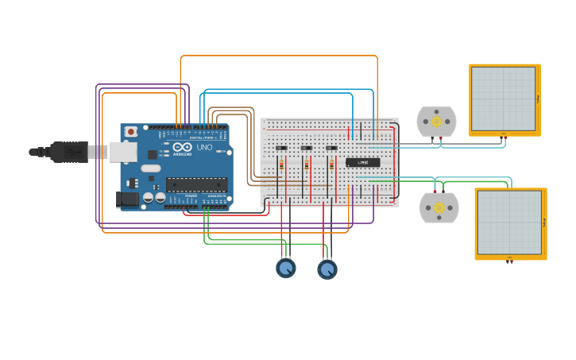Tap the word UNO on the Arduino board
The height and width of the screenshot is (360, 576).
pos(204,147)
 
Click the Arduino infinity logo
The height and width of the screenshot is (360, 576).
pos(182,147)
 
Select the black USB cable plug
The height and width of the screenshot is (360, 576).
pos(68,151)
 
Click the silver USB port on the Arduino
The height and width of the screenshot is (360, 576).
pos(122,151)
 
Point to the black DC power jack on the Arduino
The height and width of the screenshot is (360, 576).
pos(127,199)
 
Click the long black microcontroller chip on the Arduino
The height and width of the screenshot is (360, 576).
pos(196,184)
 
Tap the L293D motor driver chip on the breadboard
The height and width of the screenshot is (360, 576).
pos(362,163)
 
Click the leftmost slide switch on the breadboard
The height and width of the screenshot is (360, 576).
pos(280,148)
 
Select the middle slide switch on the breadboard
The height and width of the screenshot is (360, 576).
pos(306,148)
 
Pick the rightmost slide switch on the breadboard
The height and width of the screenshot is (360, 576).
pos(331,148)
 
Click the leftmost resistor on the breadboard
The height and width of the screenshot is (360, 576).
pos(281,165)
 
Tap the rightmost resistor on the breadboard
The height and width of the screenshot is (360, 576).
pos(331,165)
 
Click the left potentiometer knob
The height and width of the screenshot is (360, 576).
pos(286,269)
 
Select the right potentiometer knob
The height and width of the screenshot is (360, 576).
pos(327,270)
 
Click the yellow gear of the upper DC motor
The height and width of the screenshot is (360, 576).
pos(436,122)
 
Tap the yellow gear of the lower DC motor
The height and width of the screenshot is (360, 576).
pos(439,207)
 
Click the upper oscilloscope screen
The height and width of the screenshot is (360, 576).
pos(503,99)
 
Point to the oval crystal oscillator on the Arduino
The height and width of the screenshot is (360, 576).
pos(151,168)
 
